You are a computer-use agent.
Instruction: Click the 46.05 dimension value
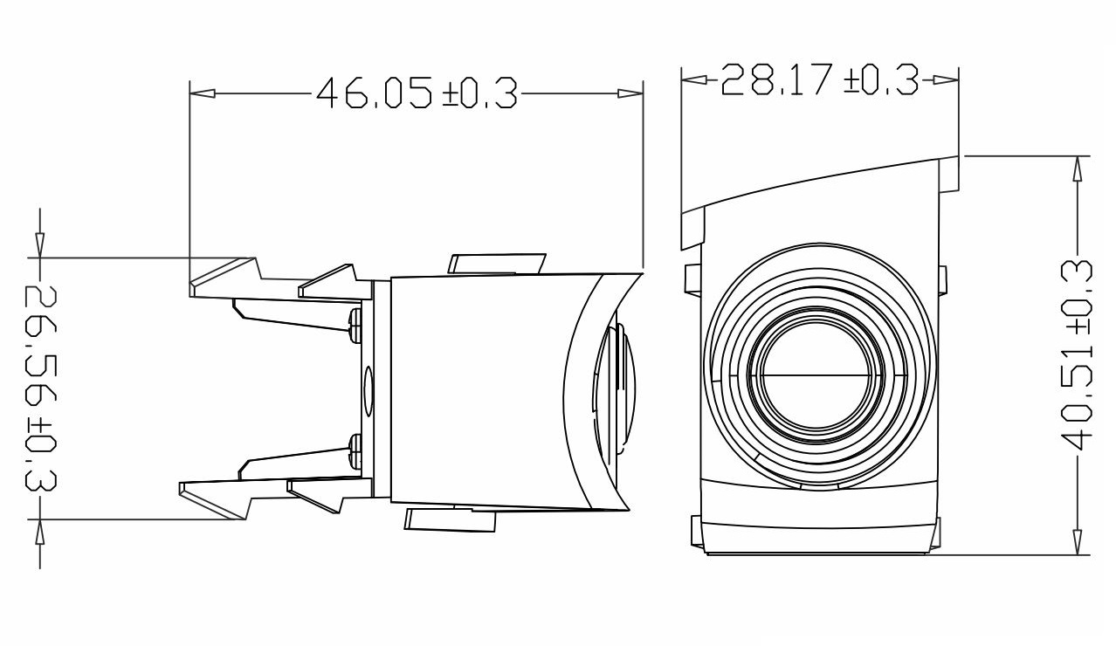[x=375, y=93]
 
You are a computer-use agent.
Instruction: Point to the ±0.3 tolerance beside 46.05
[x=480, y=93]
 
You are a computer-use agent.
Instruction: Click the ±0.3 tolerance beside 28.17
[x=882, y=80]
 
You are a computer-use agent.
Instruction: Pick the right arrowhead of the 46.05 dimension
[x=630, y=93]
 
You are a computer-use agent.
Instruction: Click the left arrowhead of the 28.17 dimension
[x=693, y=80]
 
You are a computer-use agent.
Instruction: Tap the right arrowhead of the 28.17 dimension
[x=947, y=80]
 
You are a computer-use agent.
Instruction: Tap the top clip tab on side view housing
[x=496, y=265]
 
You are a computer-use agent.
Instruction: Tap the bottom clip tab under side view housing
[x=451, y=520]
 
